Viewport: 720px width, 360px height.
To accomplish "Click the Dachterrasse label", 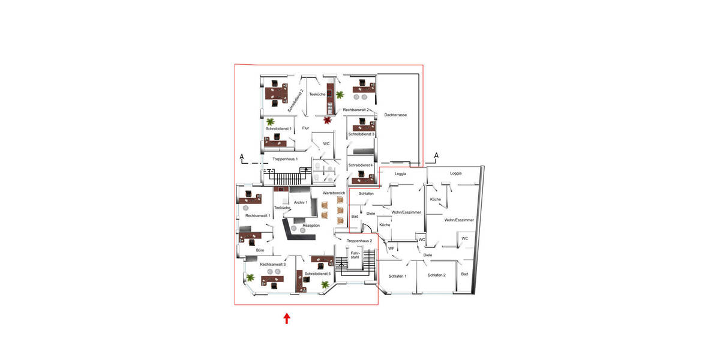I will [x=396, y=115].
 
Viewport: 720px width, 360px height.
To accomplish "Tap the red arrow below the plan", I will [x=287, y=318].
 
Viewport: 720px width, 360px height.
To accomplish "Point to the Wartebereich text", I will [x=334, y=193].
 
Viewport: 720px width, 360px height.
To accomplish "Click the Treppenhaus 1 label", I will [x=285, y=158].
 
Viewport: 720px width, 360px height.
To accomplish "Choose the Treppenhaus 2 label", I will [x=359, y=241].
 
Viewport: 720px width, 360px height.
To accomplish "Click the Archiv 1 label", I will [x=301, y=203].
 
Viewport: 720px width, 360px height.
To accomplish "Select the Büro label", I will [x=260, y=250].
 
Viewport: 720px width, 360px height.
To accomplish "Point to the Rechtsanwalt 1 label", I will [x=257, y=215].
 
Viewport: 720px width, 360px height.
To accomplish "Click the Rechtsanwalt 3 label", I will [x=272, y=264].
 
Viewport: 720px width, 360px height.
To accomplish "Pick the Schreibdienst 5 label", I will [x=317, y=274].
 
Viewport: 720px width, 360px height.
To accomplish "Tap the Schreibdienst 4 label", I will [x=361, y=165].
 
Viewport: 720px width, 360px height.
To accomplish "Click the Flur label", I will [x=305, y=128].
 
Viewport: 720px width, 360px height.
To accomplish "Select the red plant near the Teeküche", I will [x=327, y=121].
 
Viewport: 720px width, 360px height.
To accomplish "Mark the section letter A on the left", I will [x=242, y=157].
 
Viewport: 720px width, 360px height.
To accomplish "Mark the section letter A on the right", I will [x=436, y=156].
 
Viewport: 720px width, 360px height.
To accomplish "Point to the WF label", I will [x=391, y=248].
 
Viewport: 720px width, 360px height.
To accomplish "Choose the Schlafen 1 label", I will [x=397, y=276].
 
